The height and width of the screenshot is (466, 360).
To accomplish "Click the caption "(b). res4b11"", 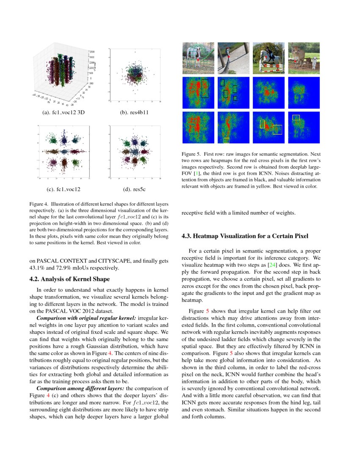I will [x=135, y=113].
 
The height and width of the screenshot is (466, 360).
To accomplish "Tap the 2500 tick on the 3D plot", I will [x=92, y=52].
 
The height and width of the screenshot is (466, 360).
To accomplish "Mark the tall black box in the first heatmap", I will [x=205, y=88].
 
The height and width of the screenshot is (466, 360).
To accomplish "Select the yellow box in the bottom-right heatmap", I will [x=296, y=117].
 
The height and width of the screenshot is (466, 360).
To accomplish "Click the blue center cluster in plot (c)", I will [x=64, y=151].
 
